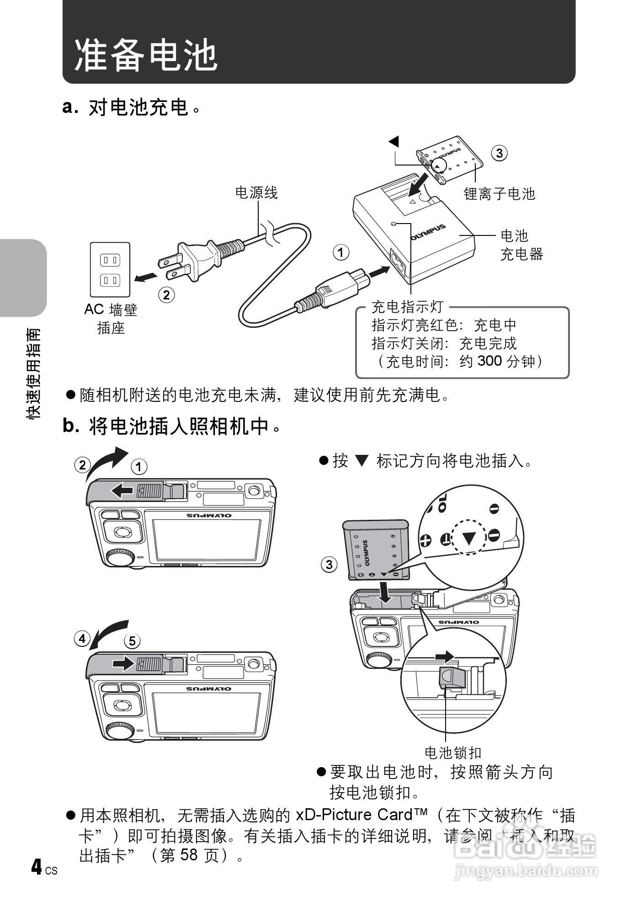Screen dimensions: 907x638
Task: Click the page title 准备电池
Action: click(145, 55)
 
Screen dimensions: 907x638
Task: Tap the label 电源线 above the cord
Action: click(256, 193)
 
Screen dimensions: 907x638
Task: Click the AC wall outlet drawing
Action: click(110, 270)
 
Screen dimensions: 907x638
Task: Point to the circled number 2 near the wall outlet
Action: click(166, 295)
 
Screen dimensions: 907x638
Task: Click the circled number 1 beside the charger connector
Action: click(341, 252)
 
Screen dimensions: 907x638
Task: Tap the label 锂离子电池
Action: click(499, 194)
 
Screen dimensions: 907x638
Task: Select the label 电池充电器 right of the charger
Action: click(521, 245)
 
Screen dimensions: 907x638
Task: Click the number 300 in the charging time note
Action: click(489, 361)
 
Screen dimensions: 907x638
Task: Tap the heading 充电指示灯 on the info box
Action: click(407, 307)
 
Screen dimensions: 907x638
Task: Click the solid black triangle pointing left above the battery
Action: click(394, 141)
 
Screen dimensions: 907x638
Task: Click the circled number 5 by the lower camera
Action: click(132, 641)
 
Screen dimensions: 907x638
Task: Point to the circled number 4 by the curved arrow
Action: click(82, 638)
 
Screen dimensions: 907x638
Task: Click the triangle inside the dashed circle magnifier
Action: click(469, 538)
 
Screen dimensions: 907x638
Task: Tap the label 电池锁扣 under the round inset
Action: click(452, 752)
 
